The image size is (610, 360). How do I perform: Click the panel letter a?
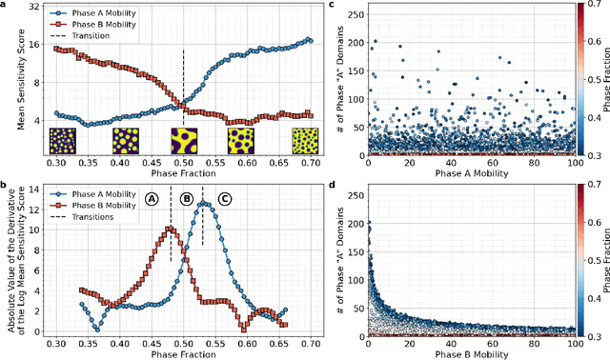7,8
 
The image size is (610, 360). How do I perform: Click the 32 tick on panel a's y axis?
33,7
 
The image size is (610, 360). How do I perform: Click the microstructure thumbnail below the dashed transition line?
183,141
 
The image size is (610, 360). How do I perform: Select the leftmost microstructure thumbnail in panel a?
62,141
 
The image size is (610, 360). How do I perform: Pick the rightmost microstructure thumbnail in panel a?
304,141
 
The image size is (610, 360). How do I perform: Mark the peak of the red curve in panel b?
171,229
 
